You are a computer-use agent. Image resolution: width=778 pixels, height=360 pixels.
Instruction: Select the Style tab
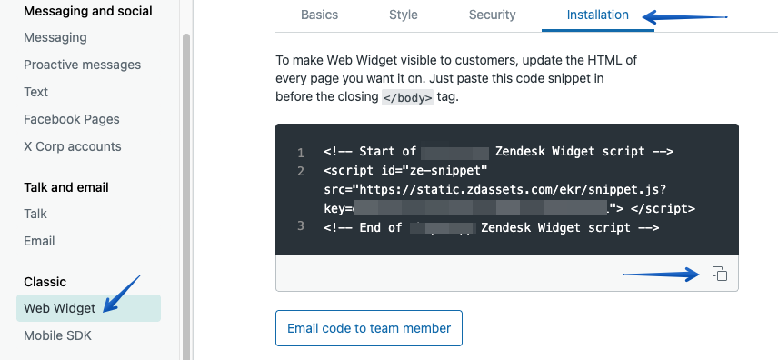point(404,15)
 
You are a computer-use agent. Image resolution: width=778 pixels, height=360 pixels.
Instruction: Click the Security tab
point(492,15)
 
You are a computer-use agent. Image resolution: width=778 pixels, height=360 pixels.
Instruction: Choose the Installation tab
point(597,15)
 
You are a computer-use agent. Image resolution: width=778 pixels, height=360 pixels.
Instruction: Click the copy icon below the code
point(719,274)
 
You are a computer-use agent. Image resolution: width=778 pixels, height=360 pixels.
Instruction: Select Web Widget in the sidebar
point(60,308)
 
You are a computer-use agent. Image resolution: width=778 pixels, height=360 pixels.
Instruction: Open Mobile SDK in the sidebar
point(57,335)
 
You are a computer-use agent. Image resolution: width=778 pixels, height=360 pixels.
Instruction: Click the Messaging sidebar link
point(55,37)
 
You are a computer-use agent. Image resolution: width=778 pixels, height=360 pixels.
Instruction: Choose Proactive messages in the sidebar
point(83,65)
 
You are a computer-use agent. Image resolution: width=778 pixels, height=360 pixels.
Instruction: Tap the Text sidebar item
point(36,92)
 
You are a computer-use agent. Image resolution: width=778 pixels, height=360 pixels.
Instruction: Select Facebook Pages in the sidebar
point(72,119)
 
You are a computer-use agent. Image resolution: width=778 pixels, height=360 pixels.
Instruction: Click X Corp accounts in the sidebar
point(73,146)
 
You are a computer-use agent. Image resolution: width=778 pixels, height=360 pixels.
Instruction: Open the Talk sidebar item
point(35,214)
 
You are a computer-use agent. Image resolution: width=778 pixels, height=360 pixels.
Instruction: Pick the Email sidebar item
point(39,241)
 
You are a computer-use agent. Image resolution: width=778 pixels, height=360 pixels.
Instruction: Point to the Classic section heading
point(45,282)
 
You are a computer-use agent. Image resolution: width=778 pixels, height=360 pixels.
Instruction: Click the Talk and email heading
point(66,187)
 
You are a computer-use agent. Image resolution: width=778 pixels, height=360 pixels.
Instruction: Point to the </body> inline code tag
point(407,96)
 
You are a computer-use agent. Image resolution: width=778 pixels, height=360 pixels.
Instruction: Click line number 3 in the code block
point(300,225)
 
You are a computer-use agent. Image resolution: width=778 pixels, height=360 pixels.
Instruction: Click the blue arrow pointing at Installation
point(685,15)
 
